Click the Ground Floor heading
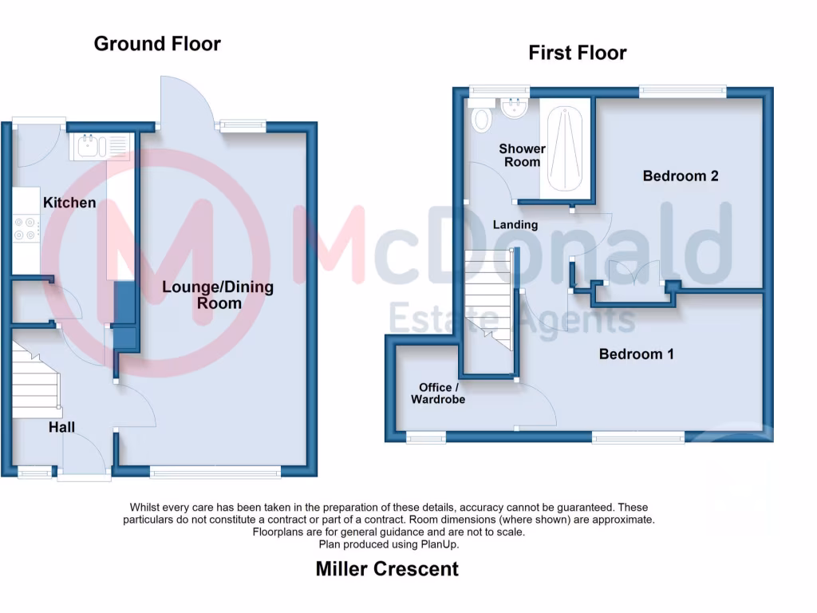[157, 43]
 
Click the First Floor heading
[577, 53]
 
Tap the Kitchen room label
[69, 203]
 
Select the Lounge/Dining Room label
[218, 295]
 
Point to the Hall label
[61, 428]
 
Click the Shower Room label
[522, 155]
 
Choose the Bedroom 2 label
[681, 176]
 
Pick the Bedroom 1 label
[636, 354]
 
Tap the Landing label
[515, 225]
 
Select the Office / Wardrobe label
[437, 393]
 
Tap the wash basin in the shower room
[515, 108]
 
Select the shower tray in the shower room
[566, 148]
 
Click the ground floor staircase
[36, 381]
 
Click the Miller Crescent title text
[387, 569]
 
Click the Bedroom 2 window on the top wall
[682, 92]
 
